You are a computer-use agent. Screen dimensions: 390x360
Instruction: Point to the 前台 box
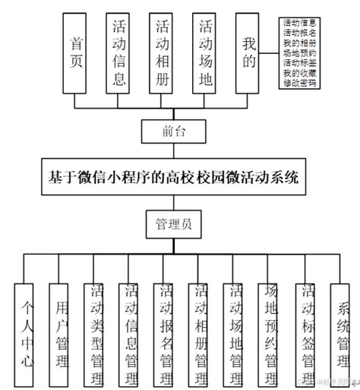[174, 132]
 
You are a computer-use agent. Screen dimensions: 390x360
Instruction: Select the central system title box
[174, 177]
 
